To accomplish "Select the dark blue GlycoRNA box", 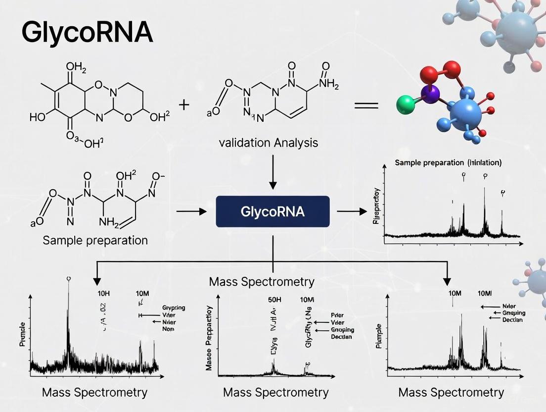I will point(273,211).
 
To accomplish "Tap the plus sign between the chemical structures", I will point(184,104).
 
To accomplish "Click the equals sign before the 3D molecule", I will point(366,105).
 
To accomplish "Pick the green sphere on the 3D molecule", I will point(407,105).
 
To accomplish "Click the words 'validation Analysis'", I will point(269,143).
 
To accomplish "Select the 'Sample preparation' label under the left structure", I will point(95,240).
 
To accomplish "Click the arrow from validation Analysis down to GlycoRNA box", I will point(273,171).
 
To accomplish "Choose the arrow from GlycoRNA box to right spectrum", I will point(349,211).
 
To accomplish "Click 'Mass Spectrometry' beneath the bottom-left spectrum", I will point(94,393).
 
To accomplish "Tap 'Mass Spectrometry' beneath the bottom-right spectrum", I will point(451,393).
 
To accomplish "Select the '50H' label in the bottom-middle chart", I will point(275,300).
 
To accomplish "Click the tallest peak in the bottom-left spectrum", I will point(69,297).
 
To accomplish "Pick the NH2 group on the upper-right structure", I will point(329,83).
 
